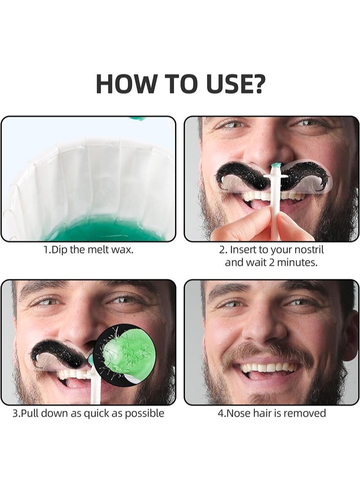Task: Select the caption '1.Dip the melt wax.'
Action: coord(88,250)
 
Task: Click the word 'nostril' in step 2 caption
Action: coord(307,250)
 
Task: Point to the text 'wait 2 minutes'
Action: coord(285,262)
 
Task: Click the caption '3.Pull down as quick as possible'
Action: coord(88,413)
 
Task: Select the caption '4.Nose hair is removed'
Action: coord(271,413)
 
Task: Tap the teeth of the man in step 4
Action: coord(269,368)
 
